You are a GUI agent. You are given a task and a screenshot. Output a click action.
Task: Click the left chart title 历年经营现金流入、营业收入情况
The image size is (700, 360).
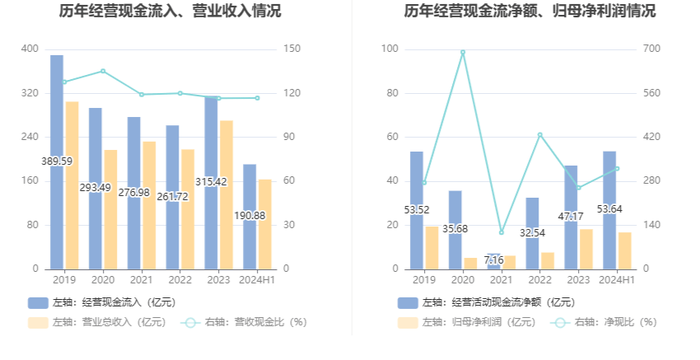170,12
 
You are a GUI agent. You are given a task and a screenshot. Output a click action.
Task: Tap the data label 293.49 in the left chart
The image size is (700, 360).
96,188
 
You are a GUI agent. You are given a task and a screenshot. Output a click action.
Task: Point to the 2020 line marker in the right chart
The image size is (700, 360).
463,52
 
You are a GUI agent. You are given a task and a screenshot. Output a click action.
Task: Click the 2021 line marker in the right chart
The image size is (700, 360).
502,232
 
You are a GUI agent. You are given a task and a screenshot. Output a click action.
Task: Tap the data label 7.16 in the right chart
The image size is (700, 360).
495,260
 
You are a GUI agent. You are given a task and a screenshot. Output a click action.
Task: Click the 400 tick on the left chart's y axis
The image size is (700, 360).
30,49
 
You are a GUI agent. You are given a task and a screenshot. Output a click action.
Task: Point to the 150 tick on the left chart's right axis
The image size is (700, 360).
290,49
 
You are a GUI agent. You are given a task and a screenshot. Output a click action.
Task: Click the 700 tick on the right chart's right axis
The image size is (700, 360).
651,49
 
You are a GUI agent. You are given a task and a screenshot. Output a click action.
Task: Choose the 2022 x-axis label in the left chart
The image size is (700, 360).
180,281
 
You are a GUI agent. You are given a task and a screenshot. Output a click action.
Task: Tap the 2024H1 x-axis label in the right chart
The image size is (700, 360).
617,281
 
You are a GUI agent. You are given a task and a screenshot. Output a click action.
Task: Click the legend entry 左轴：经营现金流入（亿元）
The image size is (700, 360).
103,302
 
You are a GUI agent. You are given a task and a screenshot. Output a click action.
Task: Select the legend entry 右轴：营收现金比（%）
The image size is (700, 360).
246,322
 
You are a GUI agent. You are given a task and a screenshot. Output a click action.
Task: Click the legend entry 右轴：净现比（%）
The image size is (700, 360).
605,322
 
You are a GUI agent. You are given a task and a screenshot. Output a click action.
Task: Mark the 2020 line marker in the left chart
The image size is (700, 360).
103,71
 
